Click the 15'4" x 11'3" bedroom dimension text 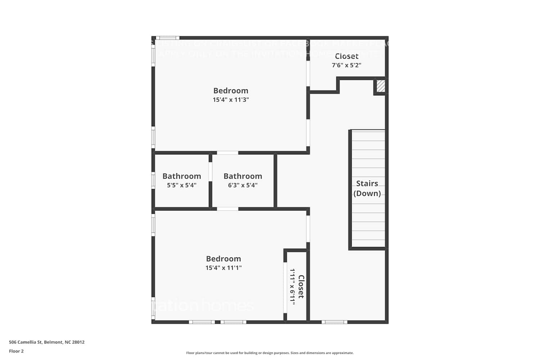pyautogui.click(x=231, y=100)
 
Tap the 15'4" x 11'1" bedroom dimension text pyautogui.click(x=224, y=268)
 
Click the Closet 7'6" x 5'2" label pyautogui.click(x=347, y=60)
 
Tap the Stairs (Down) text pyautogui.click(x=367, y=188)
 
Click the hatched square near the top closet pyautogui.click(x=381, y=86)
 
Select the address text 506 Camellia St pyautogui.click(x=47, y=342)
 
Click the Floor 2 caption pyautogui.click(x=16, y=351)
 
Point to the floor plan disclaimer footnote pyautogui.click(x=270, y=353)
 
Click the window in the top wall pyautogui.click(x=167, y=38)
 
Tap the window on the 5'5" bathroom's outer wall pyautogui.click(x=153, y=180)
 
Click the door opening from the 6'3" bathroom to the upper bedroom pyautogui.click(x=228, y=153)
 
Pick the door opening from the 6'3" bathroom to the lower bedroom pyautogui.click(x=228, y=209)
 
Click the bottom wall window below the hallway pyautogui.click(x=334, y=322)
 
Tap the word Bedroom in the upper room pyautogui.click(x=231, y=91)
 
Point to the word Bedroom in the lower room pyautogui.click(x=224, y=259)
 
